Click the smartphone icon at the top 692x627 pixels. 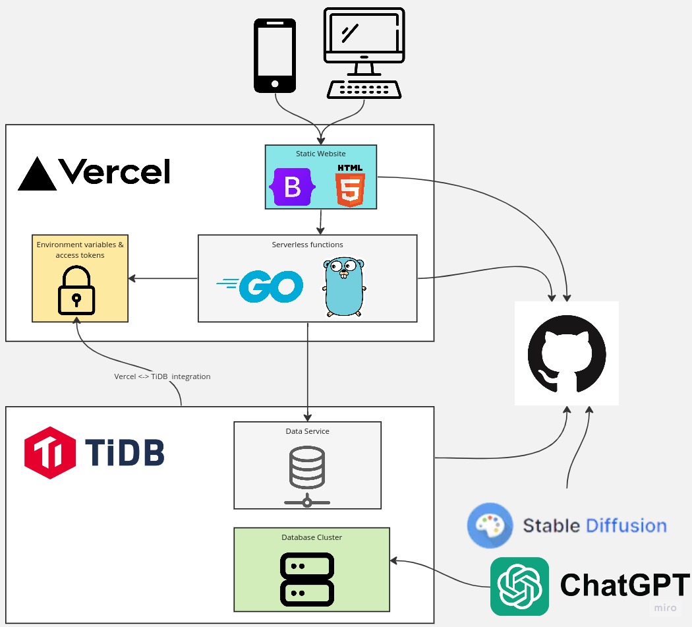pyautogui.click(x=275, y=55)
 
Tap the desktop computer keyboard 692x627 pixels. pyautogui.click(x=364, y=89)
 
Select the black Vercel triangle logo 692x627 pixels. pyautogui.click(x=37, y=173)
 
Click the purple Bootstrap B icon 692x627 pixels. pyautogui.click(x=292, y=187)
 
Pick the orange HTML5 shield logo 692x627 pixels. pyautogui.click(x=350, y=185)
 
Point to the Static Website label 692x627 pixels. pyautogui.click(x=321, y=154)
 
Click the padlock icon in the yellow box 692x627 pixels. pyautogui.click(x=76, y=290)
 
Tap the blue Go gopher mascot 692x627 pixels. pyautogui.click(x=344, y=287)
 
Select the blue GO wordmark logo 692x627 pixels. pyautogui.click(x=260, y=286)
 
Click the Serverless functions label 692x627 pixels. pyautogui.click(x=308, y=245)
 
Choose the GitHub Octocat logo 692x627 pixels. pyautogui.click(x=567, y=353)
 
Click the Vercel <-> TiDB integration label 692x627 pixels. pyautogui.click(x=162, y=376)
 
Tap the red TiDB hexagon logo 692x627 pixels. pyautogui.click(x=50, y=452)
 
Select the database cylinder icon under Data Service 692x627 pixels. pyautogui.click(x=307, y=476)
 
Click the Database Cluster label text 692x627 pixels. pyautogui.click(x=312, y=537)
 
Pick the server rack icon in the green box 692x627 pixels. pyautogui.click(x=307, y=580)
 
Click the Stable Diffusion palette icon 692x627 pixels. pyautogui.click(x=490, y=525)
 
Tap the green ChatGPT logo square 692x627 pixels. pyautogui.click(x=519, y=586)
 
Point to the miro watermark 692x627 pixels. pyautogui.click(x=665, y=608)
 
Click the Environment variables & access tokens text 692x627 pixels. pyautogui.click(x=80, y=250)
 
